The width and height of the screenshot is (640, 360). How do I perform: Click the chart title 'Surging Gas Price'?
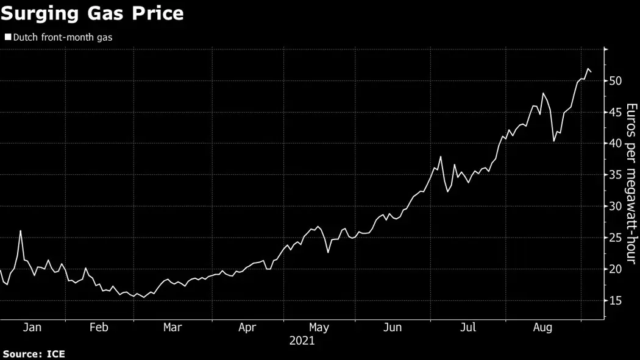point(92,13)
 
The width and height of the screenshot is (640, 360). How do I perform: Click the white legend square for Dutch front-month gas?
point(7,37)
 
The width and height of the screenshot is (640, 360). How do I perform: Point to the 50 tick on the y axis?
point(614,80)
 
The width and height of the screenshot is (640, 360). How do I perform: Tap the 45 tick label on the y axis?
point(614,112)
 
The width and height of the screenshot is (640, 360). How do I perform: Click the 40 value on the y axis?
point(614,144)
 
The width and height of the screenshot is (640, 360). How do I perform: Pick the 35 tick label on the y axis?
point(614,175)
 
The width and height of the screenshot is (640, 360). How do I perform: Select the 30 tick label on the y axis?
point(614,206)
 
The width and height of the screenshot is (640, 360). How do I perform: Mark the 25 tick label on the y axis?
point(614,238)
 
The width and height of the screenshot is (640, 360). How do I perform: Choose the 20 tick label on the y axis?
point(614,269)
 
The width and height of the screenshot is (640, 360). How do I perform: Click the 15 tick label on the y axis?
point(614,300)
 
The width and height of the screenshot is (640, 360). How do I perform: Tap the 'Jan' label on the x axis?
point(32,328)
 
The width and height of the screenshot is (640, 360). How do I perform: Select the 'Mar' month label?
point(172,328)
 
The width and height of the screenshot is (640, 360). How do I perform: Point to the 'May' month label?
point(318,328)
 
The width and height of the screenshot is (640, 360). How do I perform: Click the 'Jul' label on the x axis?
point(468,328)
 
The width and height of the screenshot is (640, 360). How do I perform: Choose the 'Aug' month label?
point(542,328)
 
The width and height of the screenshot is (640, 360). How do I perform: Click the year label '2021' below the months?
point(302,341)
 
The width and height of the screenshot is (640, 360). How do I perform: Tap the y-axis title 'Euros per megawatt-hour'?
point(632,183)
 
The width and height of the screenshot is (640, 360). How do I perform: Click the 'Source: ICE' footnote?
point(34,354)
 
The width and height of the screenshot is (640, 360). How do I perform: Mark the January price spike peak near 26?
point(21,231)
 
